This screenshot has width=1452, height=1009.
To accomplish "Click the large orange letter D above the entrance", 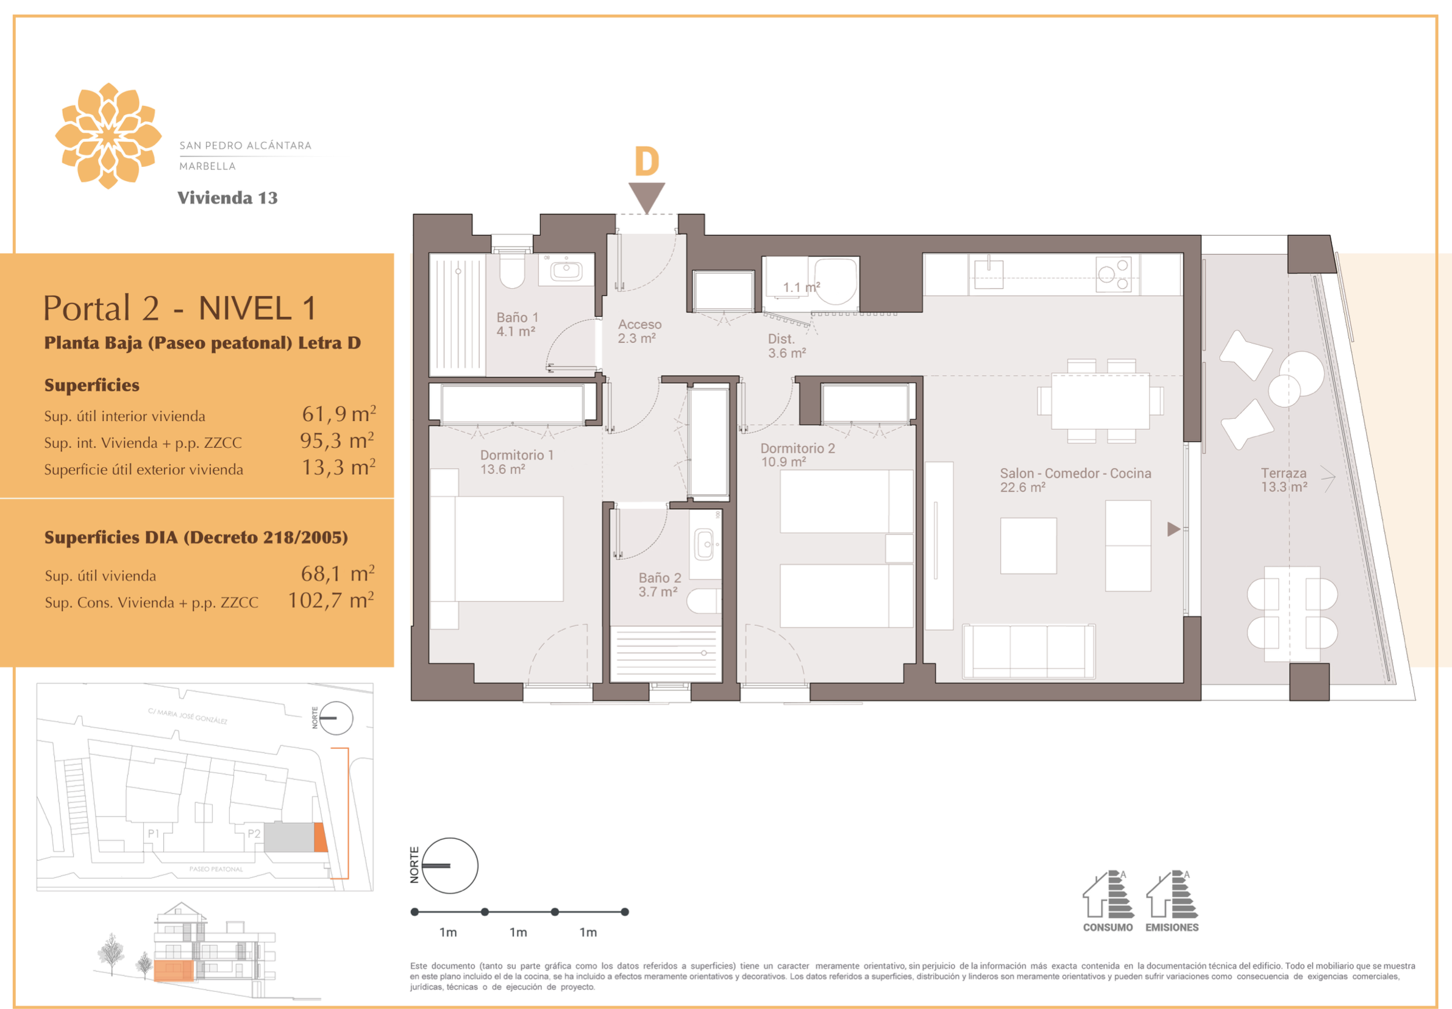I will point(646,161).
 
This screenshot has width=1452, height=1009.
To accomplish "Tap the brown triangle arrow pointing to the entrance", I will point(646,196).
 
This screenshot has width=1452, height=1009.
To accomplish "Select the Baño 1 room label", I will point(517,324).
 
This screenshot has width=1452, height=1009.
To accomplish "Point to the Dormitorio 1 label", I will point(516,461).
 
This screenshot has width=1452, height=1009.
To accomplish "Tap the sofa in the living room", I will point(1028,651).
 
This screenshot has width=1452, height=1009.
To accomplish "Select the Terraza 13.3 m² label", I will point(1284,479).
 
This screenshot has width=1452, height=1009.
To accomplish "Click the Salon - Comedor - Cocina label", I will point(1075,479).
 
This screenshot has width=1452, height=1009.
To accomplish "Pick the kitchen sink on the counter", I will point(988,274).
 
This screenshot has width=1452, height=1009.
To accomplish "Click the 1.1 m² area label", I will point(801,287).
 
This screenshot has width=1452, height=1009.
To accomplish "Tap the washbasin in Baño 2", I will point(704,544).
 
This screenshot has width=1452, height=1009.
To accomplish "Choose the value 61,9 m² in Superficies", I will point(339,414).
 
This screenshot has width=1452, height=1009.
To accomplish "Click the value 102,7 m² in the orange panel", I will point(331,600).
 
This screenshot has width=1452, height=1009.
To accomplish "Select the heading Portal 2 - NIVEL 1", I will point(180,308).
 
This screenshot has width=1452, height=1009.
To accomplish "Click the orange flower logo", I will point(108,136).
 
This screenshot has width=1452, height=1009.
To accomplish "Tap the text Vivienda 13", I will point(227,198).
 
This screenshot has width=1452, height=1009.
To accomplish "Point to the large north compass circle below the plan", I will point(450,865).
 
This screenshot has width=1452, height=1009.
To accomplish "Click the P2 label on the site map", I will point(254,834).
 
